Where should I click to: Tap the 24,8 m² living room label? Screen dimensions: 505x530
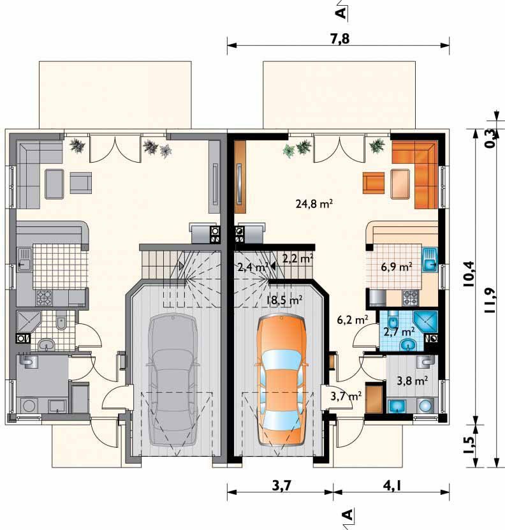pos(314,204)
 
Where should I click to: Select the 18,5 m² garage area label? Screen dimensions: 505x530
pos(284,300)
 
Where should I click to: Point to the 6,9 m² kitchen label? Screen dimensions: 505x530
pos(397,267)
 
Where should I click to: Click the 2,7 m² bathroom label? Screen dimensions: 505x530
pos(399,332)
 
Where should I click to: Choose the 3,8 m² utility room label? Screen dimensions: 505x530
pos(413,381)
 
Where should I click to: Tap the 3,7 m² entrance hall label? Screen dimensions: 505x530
pos(346,396)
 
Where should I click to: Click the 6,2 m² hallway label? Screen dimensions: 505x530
pos(353,320)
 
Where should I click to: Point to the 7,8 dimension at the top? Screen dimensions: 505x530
pos(339,39)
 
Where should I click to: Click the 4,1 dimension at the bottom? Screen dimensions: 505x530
pos(392,486)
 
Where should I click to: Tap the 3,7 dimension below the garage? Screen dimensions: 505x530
pos(281,486)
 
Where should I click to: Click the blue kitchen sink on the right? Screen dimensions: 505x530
pos(430,260)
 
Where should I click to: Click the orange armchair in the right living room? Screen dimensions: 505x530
pos(374,182)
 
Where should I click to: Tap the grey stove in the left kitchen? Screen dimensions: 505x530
pos(44,298)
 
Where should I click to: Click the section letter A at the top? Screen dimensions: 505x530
pos(341,13)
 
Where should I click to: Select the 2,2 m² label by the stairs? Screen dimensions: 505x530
pos(298,258)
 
